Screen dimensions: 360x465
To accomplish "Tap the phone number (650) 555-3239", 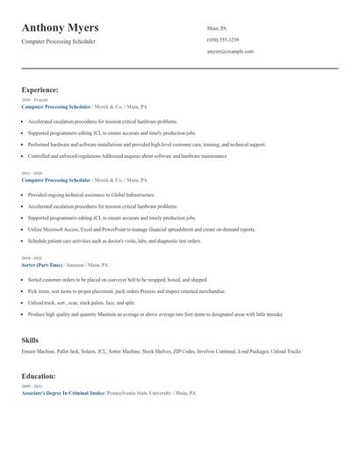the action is tap(222, 40).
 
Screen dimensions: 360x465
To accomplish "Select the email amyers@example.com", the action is tap(230, 52).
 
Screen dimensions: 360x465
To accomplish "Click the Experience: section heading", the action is tap(40, 89).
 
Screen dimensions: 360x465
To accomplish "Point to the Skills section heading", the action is tap(30, 339).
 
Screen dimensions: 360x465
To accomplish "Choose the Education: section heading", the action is tap(40, 376).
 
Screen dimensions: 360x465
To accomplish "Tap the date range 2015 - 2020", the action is tap(31, 174).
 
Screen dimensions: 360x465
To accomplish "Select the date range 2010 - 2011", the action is tap(31, 258).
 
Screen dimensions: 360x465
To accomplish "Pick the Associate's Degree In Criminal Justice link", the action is tap(63, 393).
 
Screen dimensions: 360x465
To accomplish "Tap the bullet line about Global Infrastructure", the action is tap(91, 195).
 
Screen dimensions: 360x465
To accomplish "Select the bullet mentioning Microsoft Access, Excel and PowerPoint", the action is tap(141, 229).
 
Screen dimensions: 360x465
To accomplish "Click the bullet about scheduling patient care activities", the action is tap(114, 240).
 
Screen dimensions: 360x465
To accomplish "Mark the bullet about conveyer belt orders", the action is tap(118, 279).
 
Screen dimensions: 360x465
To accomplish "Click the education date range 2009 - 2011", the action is tap(31, 386).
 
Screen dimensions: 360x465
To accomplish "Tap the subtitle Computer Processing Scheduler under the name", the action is tap(59, 41).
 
